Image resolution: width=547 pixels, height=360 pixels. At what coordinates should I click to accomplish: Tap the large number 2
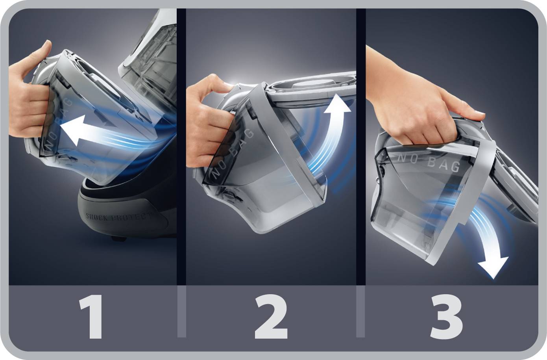pos(271,317)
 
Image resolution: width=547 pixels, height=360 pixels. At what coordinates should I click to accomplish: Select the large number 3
pos(446,317)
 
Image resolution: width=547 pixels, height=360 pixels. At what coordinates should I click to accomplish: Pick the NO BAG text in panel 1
pos(59,124)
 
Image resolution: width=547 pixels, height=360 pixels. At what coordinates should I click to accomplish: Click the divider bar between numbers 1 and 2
pos(181,312)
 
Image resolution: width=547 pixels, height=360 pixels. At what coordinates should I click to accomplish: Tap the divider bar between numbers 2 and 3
pos(360,312)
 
